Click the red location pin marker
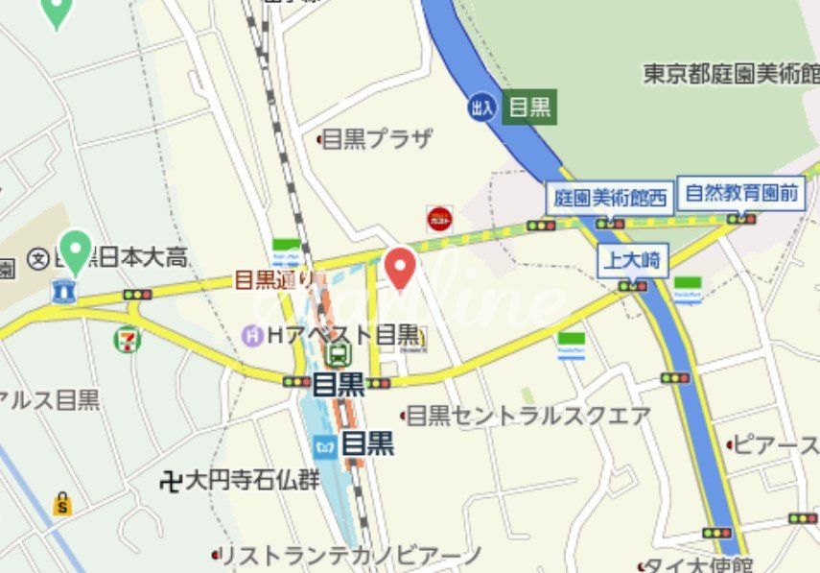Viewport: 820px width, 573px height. (x=400, y=266)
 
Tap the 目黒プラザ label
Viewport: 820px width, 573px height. (x=376, y=139)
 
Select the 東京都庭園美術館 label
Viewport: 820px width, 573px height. (x=731, y=73)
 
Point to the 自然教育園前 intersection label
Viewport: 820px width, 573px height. (x=741, y=193)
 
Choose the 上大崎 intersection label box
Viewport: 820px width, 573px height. (x=632, y=259)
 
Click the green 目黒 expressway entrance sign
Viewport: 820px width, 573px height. (x=529, y=107)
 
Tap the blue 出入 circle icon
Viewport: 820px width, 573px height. (x=482, y=107)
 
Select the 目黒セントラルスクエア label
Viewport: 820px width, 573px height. (x=528, y=416)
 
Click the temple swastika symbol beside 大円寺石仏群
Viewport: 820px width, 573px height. (x=171, y=480)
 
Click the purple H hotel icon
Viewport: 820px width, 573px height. (x=253, y=335)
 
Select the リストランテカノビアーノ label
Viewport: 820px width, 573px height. (x=351, y=555)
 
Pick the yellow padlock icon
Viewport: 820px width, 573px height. (x=62, y=503)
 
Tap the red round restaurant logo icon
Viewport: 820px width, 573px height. (x=439, y=219)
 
